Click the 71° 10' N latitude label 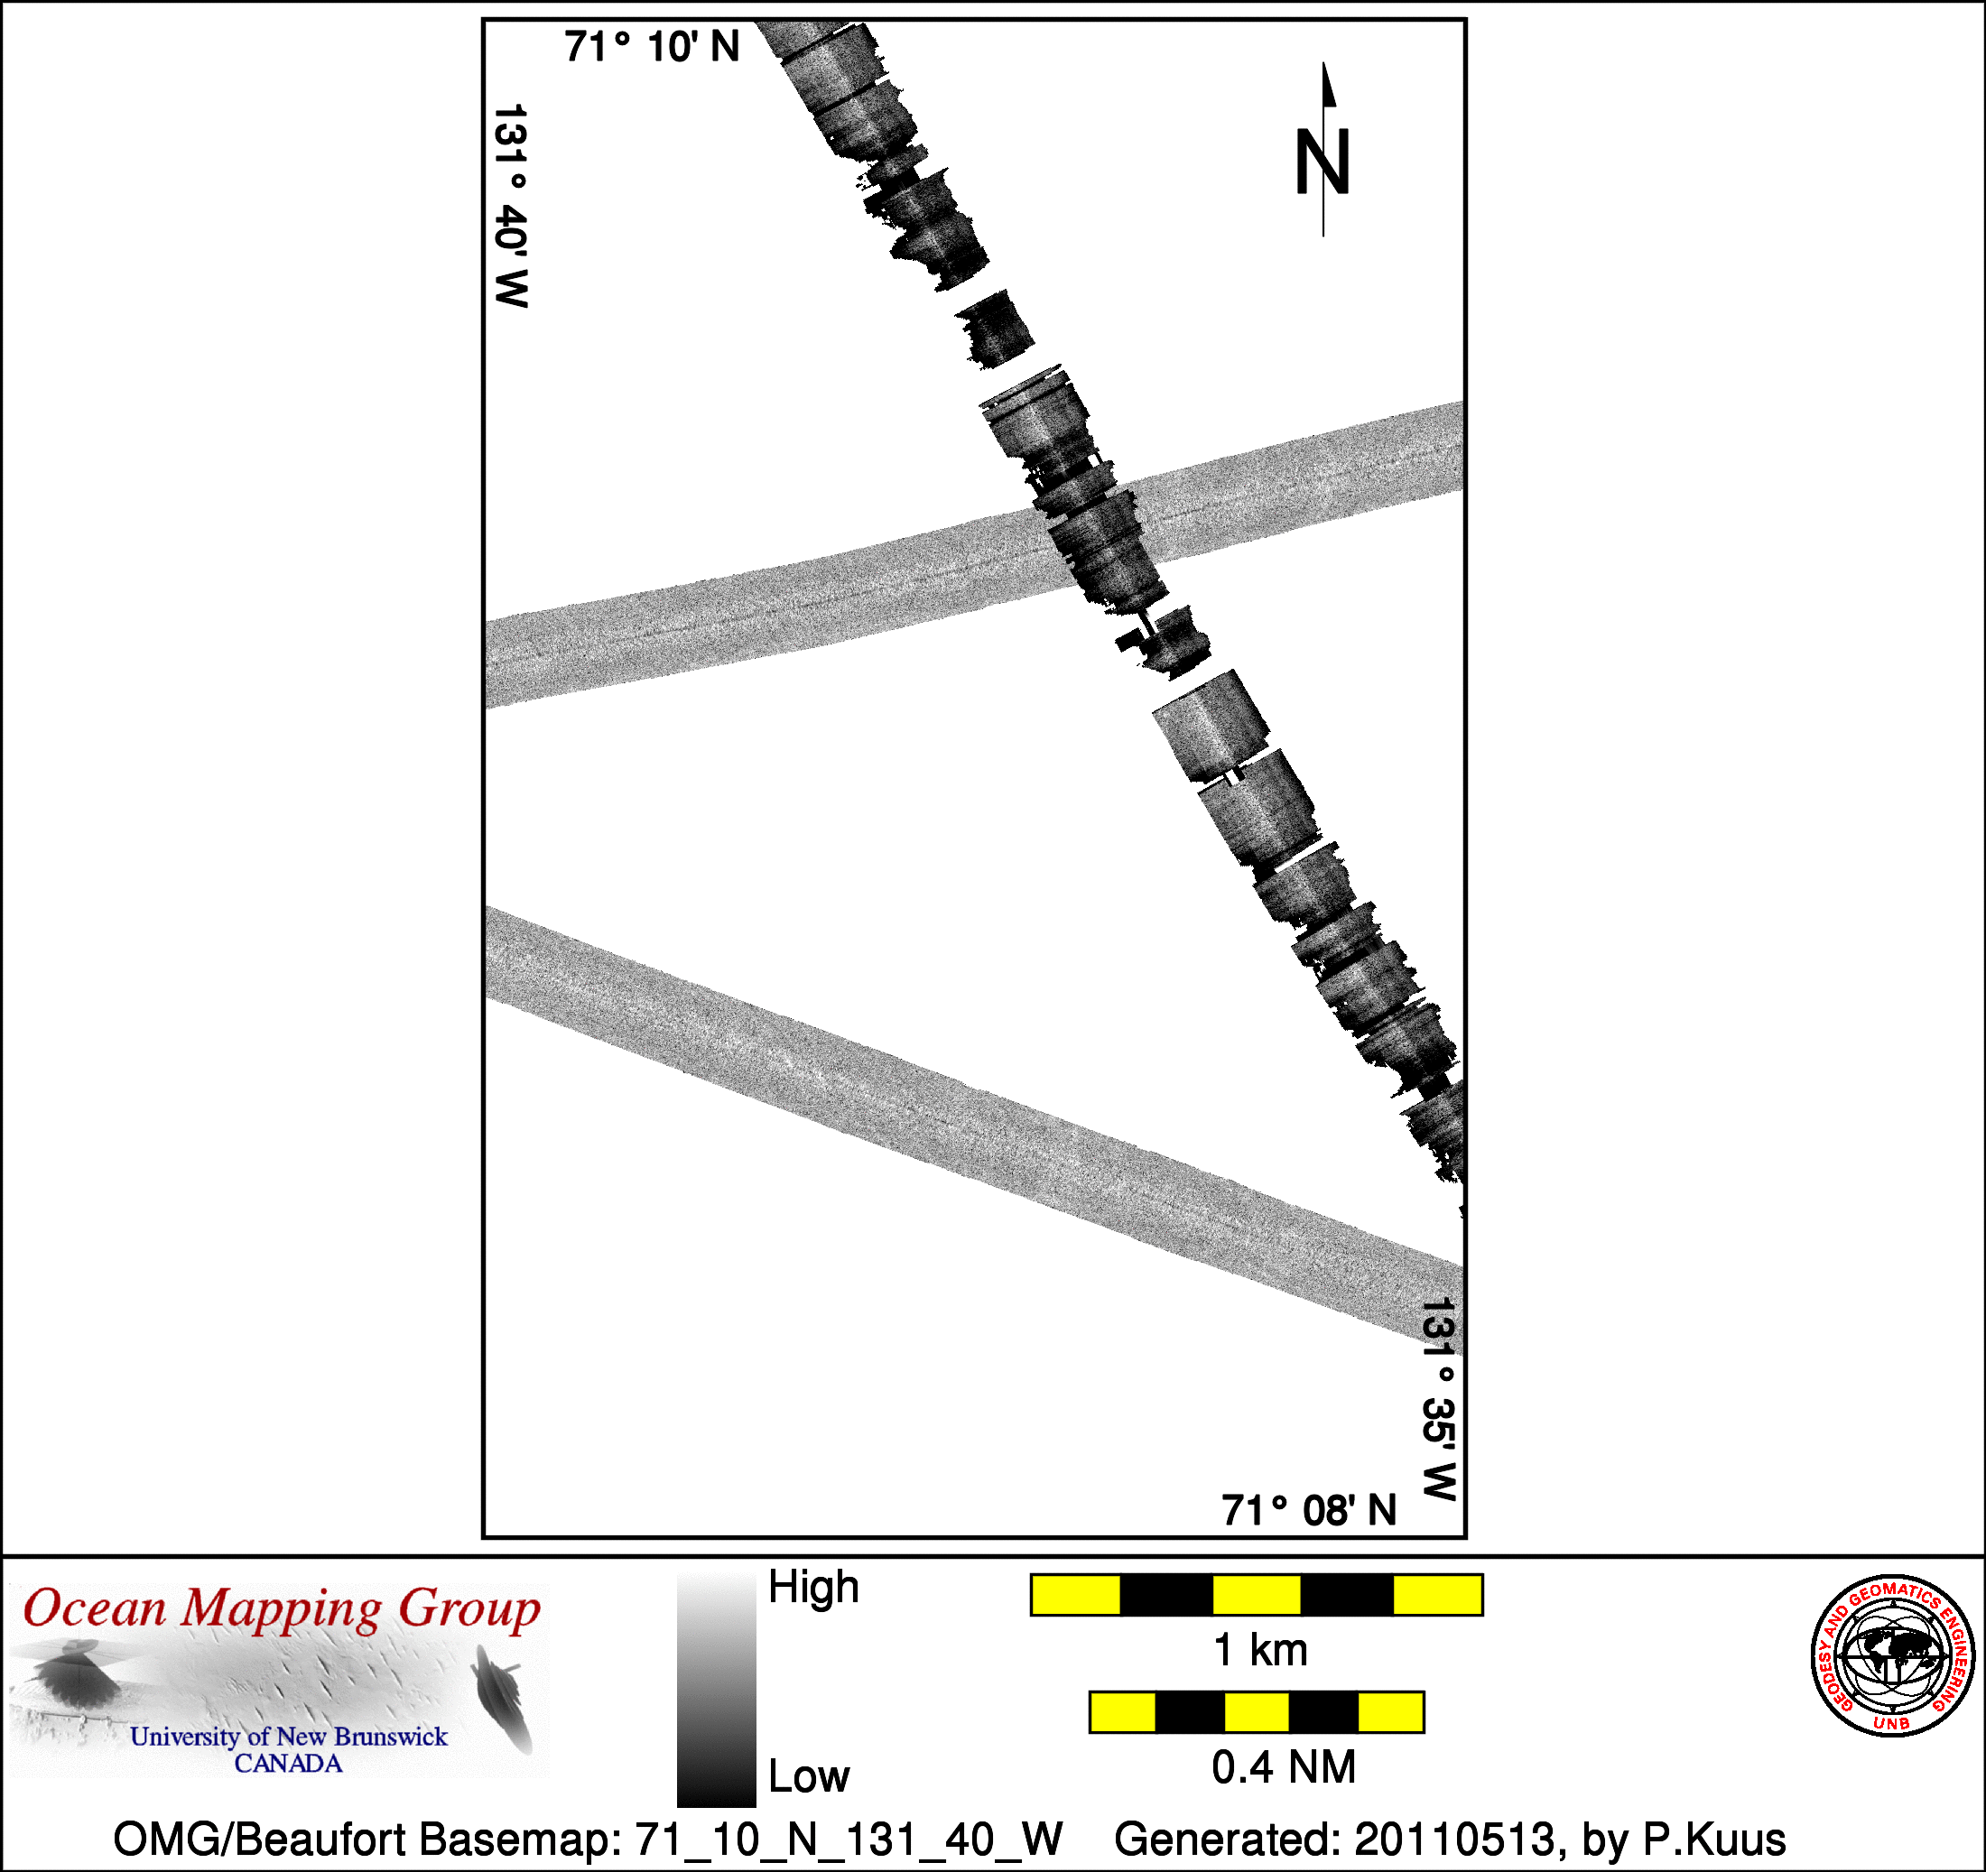point(652,47)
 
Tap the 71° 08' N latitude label point(1309,1510)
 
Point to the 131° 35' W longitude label point(1439,1398)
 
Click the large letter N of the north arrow point(1322,162)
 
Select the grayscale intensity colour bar point(716,1691)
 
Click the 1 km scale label point(1259,1650)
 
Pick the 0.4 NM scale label point(1284,1767)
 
